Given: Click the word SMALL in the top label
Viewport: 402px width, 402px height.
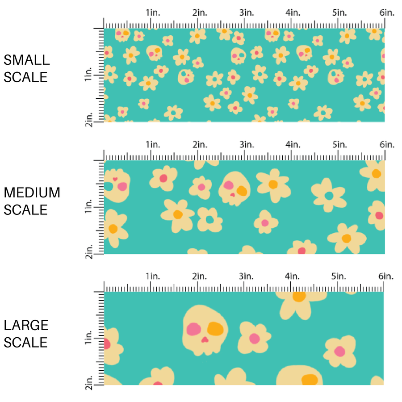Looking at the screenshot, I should point(26,60).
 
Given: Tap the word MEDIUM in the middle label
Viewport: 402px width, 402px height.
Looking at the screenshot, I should point(32,193).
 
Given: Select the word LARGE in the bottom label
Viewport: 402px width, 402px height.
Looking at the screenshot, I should point(26,326).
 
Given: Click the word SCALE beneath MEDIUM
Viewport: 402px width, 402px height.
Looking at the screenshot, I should point(25,210).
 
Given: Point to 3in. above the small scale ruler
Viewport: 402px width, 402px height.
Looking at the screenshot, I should point(247,13).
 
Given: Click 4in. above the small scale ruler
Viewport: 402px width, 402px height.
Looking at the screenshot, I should point(293,13).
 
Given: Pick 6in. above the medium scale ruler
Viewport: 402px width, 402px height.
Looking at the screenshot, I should point(387,145).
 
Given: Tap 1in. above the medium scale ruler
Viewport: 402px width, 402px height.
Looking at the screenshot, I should point(153,145).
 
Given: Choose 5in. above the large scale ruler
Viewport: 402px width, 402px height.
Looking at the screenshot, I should point(340,277).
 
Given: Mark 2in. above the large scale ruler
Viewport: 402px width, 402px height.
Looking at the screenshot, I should point(200,277).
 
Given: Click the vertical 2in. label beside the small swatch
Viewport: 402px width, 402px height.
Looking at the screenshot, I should point(88,119).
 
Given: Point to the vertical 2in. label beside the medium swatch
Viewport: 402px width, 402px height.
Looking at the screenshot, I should point(88,251).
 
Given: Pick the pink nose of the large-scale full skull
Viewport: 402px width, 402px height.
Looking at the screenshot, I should point(205,340).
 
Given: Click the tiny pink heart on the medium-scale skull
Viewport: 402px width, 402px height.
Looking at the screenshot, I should point(115,179).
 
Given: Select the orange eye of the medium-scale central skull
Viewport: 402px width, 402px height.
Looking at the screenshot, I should point(242,191).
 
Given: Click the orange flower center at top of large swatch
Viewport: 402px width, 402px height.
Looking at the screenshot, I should point(299,296).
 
